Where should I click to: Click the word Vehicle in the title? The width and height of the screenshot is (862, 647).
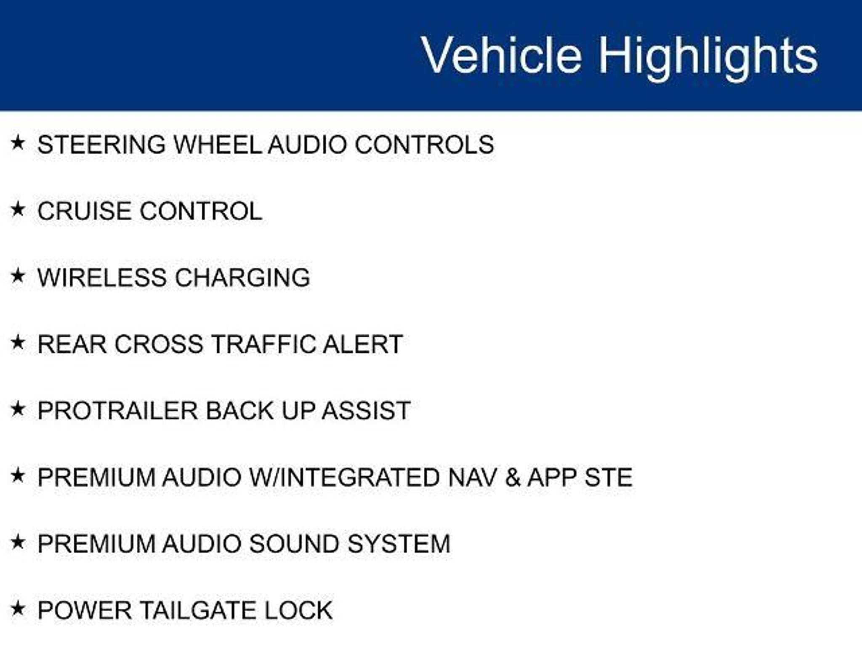(x=501, y=55)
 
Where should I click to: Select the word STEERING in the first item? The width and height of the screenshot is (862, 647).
(x=101, y=144)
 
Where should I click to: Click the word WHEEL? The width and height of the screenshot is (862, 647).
(x=217, y=144)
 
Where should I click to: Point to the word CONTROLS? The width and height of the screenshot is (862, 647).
(x=424, y=144)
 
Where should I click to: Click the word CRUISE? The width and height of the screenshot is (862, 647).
(x=84, y=211)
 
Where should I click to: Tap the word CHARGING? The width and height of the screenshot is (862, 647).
(x=242, y=278)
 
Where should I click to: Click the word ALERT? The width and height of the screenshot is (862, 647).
(x=363, y=344)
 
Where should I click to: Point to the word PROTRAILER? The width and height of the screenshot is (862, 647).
(x=117, y=411)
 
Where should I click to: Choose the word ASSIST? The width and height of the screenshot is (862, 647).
(x=366, y=411)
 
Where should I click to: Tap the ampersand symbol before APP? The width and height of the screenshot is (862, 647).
(x=513, y=477)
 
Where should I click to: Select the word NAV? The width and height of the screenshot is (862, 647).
(x=472, y=477)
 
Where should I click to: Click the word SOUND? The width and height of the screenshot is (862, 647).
(x=294, y=544)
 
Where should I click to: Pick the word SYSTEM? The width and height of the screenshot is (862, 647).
(x=399, y=544)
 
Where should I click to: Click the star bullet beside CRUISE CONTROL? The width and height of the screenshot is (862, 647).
(x=18, y=209)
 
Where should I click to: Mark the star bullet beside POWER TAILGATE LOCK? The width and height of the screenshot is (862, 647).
(x=18, y=608)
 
